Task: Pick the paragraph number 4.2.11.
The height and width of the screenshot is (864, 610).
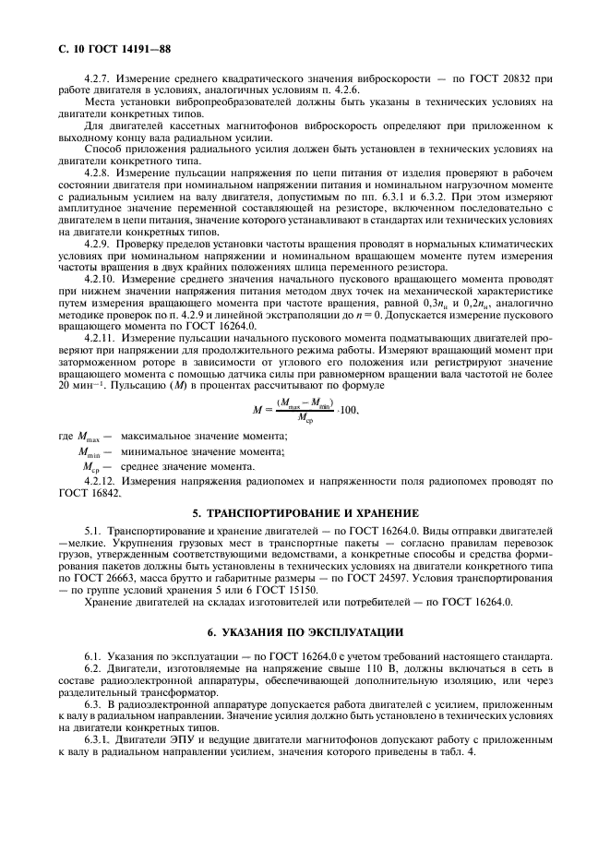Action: tap(101, 338)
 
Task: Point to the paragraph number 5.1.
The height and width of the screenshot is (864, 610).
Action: tap(91, 534)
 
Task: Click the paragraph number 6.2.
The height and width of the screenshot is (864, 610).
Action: tap(91, 666)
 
